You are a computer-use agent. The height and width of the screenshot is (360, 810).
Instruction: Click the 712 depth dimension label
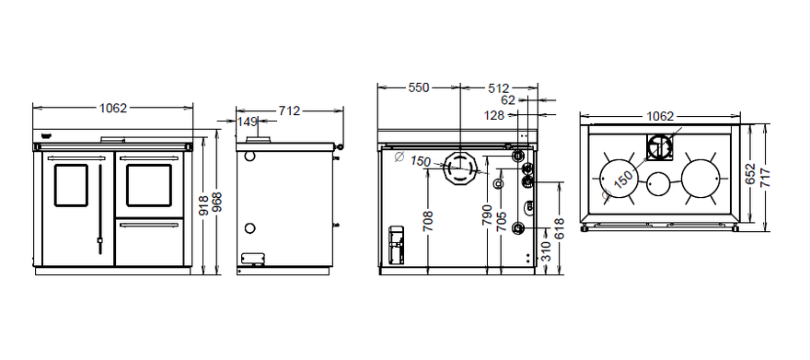[289, 110]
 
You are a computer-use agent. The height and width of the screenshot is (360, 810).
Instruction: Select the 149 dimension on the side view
[248, 122]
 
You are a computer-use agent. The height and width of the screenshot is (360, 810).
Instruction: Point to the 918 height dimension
[203, 205]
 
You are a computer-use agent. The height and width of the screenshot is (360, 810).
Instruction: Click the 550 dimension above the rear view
[419, 87]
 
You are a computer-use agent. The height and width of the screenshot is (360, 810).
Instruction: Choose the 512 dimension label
[499, 88]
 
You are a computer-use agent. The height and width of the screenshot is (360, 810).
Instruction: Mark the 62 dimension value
[508, 99]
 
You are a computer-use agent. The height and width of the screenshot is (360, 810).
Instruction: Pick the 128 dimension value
[494, 115]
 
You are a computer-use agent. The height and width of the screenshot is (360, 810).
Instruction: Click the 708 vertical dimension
[427, 221]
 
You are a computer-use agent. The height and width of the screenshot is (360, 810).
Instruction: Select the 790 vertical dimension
[487, 215]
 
